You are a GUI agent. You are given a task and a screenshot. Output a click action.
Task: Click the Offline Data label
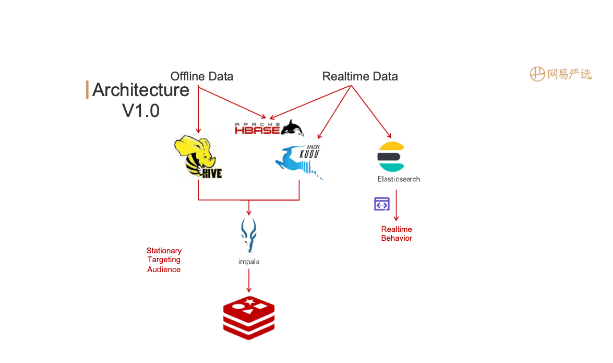[202, 76]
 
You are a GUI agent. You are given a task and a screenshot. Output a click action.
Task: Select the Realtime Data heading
[360, 76]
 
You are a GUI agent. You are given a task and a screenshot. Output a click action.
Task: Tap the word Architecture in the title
[140, 90]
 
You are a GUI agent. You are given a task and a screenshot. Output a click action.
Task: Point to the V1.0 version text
[141, 111]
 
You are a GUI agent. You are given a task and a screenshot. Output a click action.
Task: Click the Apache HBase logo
[269, 128]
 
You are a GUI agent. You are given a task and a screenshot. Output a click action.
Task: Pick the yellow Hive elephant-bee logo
[198, 157]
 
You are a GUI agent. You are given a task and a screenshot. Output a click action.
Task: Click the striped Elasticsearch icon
[391, 157]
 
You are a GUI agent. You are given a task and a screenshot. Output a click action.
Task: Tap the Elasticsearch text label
[399, 179]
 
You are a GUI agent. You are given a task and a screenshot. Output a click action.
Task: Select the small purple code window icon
[382, 204]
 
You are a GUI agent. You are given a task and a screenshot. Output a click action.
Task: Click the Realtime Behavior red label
[396, 233]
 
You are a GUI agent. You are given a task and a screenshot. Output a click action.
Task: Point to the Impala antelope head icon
[248, 235]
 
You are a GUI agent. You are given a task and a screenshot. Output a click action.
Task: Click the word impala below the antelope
[245, 261]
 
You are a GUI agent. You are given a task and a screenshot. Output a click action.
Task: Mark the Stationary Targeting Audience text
[164, 260]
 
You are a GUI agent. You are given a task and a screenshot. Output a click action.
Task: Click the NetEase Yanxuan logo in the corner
[561, 74]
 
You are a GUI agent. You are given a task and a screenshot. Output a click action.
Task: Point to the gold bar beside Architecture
[87, 90]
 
